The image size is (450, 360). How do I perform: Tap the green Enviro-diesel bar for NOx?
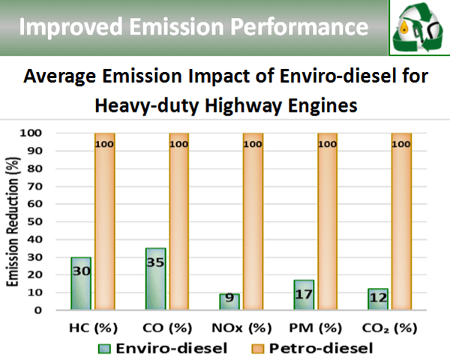click(230, 301)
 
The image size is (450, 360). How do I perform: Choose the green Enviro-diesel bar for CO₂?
click(378, 299)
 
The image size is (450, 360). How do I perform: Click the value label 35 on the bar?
click(156, 265)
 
